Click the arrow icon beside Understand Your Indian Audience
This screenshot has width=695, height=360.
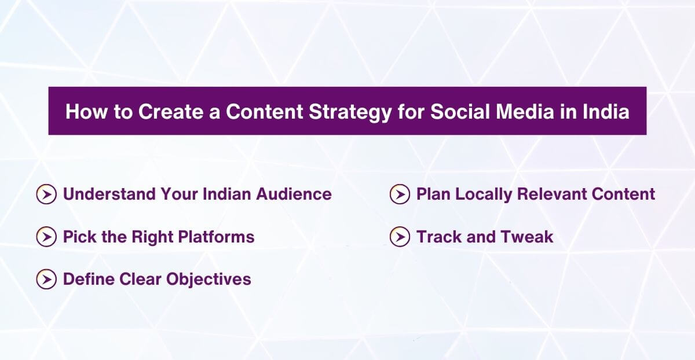(46, 194)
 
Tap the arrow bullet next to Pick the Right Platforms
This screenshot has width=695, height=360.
(46, 237)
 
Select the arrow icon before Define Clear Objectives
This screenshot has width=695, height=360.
(46, 280)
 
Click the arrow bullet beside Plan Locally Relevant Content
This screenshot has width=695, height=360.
(400, 194)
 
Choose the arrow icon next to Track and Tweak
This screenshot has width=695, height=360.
(400, 237)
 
